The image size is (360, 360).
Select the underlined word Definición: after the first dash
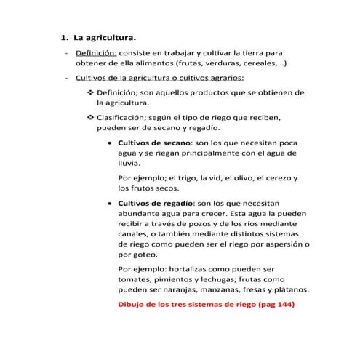point(97,54)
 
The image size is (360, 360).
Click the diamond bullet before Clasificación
point(90,116)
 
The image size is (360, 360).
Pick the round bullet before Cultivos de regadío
point(108,204)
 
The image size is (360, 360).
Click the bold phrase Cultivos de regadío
point(156,204)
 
